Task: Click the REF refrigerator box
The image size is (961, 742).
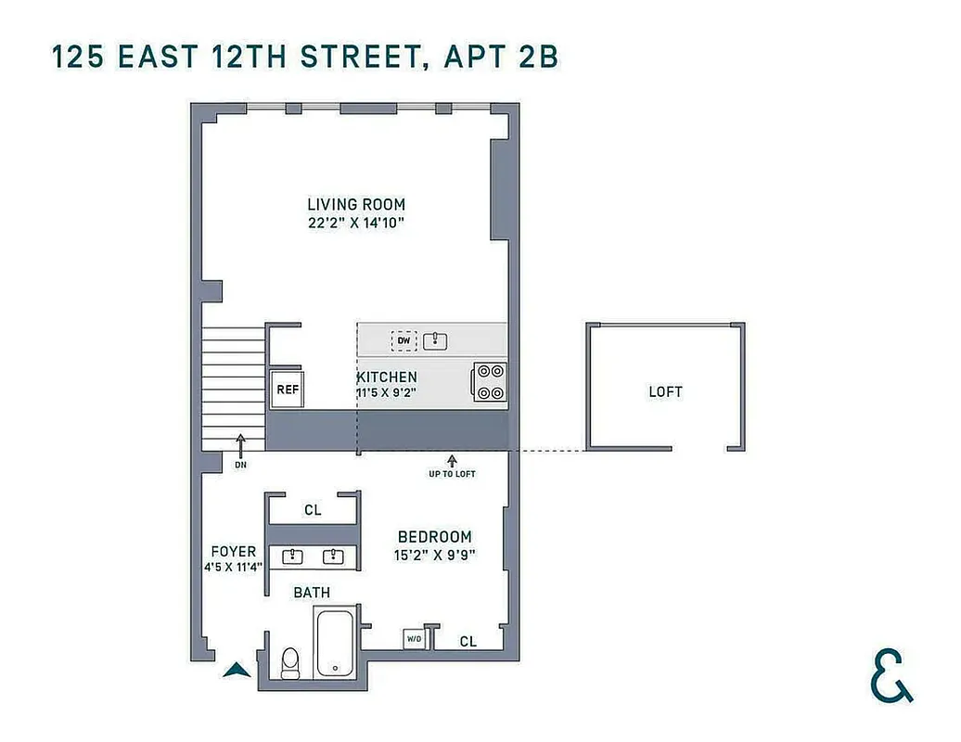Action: coord(288,390)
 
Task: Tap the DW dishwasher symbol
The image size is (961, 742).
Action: coord(404,341)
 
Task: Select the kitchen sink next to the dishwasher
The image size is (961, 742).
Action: coord(435,341)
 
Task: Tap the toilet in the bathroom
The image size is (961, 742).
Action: coord(289,662)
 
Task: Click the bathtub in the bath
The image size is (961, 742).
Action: coord(333,642)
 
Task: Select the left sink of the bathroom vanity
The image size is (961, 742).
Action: coord(294,556)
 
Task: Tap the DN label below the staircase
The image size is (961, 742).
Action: coord(240,464)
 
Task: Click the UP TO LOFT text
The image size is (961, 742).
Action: coord(452,474)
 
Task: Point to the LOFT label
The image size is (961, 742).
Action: coord(665,391)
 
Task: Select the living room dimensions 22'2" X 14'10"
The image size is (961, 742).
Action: coord(356,223)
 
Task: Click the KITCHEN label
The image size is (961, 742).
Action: coord(387,377)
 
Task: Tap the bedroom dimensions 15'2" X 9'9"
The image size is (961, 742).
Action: coord(434,555)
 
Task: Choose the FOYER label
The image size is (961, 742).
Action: coord(233,551)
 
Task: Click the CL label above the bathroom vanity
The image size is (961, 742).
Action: coord(313,510)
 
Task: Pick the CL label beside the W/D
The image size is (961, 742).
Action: coord(468,641)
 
